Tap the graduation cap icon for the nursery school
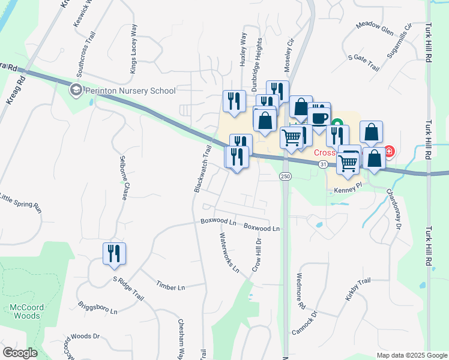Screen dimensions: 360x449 [x=76, y=91]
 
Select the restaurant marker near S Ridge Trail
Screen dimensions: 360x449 [x=114, y=253]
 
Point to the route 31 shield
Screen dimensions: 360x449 [x=323, y=163]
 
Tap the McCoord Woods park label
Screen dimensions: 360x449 [x=26, y=311]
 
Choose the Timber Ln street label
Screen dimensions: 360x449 [x=170, y=285]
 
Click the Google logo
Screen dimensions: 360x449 [x=20, y=352]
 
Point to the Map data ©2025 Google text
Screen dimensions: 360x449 [x=411, y=355]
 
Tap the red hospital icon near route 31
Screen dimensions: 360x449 [x=389, y=151]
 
